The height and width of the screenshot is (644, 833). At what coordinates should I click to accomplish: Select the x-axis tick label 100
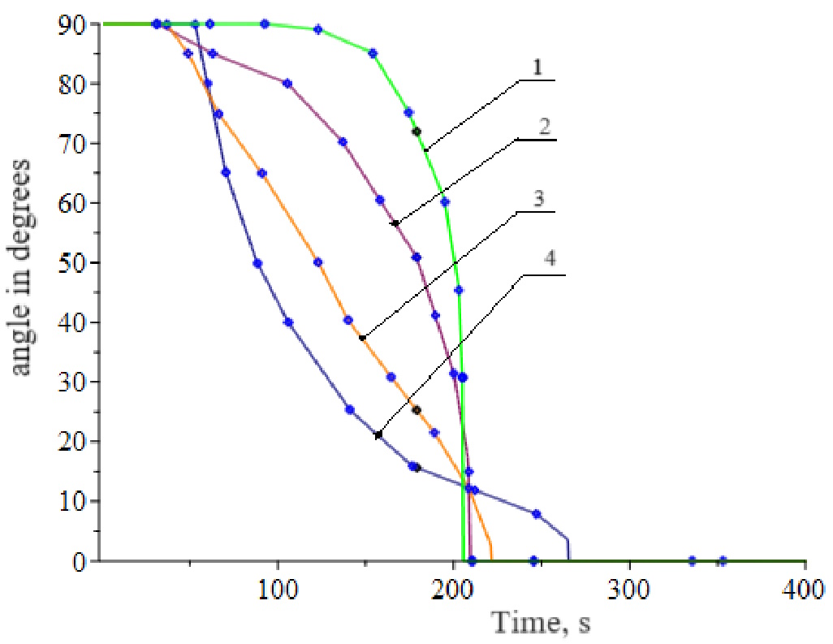(278, 586)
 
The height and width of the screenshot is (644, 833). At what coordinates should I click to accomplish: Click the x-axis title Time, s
(539, 624)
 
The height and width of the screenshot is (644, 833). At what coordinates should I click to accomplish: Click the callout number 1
(536, 69)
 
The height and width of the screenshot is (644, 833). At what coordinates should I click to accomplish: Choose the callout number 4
(550, 261)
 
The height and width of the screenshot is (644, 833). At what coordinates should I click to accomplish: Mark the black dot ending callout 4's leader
(378, 435)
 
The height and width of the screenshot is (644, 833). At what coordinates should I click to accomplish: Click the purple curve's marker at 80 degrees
(287, 84)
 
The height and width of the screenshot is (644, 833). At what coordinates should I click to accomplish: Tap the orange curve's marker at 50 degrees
(318, 262)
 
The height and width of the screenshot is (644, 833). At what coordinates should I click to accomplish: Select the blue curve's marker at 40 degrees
(288, 322)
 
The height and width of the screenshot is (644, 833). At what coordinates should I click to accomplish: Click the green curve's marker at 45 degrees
(458, 290)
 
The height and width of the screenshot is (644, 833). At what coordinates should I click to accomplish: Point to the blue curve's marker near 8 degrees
(536, 514)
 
